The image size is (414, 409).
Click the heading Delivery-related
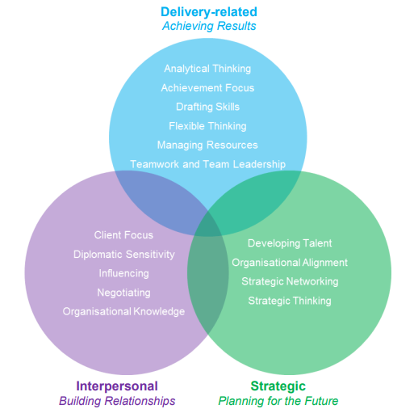[208, 11]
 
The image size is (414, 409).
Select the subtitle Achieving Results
[208, 26]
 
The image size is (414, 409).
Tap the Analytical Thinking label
[207, 69]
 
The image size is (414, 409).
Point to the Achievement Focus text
[207, 87]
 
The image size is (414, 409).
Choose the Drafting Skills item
[207, 107]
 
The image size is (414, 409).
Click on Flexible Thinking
[207, 126]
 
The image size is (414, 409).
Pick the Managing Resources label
[207, 145]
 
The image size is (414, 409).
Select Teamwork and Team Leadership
[207, 164]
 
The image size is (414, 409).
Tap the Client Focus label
[123, 235]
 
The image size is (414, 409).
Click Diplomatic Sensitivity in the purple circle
[123, 254]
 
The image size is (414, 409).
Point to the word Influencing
[123, 273]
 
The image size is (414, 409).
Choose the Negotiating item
[123, 293]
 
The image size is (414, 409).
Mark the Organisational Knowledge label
[123, 311]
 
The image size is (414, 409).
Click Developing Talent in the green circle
[290, 243]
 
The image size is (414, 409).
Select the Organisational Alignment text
[290, 263]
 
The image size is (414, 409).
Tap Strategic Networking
[290, 281]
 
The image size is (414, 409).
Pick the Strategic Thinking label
[290, 301]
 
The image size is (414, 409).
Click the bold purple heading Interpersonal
[117, 386]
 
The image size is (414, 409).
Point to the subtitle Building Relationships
[117, 401]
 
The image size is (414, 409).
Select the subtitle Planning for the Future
[278, 401]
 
